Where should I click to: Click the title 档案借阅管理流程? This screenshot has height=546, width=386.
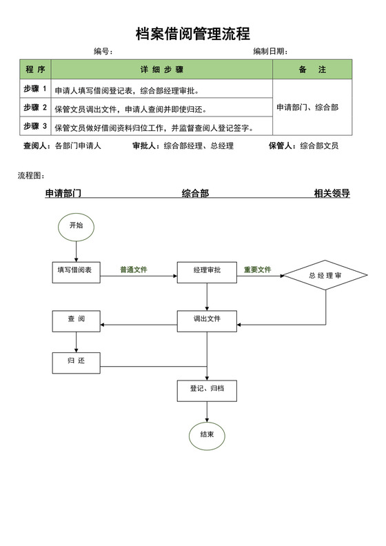[193, 33]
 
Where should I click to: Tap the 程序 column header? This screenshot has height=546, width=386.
[36, 70]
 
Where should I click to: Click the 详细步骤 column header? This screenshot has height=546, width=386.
[162, 70]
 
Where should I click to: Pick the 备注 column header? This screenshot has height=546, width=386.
[312, 70]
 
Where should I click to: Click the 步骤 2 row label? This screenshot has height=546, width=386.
[35, 108]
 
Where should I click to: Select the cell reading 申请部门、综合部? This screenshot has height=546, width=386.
[307, 108]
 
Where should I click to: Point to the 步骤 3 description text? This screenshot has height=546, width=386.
[154, 128]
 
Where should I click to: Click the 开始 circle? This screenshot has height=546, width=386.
[76, 225]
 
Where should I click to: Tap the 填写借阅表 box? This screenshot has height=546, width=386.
[77, 272]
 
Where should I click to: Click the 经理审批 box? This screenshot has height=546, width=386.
[207, 272]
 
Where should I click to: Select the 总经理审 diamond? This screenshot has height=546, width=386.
[325, 276]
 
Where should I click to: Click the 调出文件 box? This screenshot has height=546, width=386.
[207, 320]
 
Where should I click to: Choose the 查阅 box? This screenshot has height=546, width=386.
[77, 320]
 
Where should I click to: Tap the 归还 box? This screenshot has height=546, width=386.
[77, 362]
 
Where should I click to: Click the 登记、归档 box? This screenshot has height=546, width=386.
[207, 390]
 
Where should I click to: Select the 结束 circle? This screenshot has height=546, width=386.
[207, 434]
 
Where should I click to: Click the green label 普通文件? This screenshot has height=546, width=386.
[133, 270]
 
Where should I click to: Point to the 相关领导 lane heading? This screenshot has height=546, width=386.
[332, 194]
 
